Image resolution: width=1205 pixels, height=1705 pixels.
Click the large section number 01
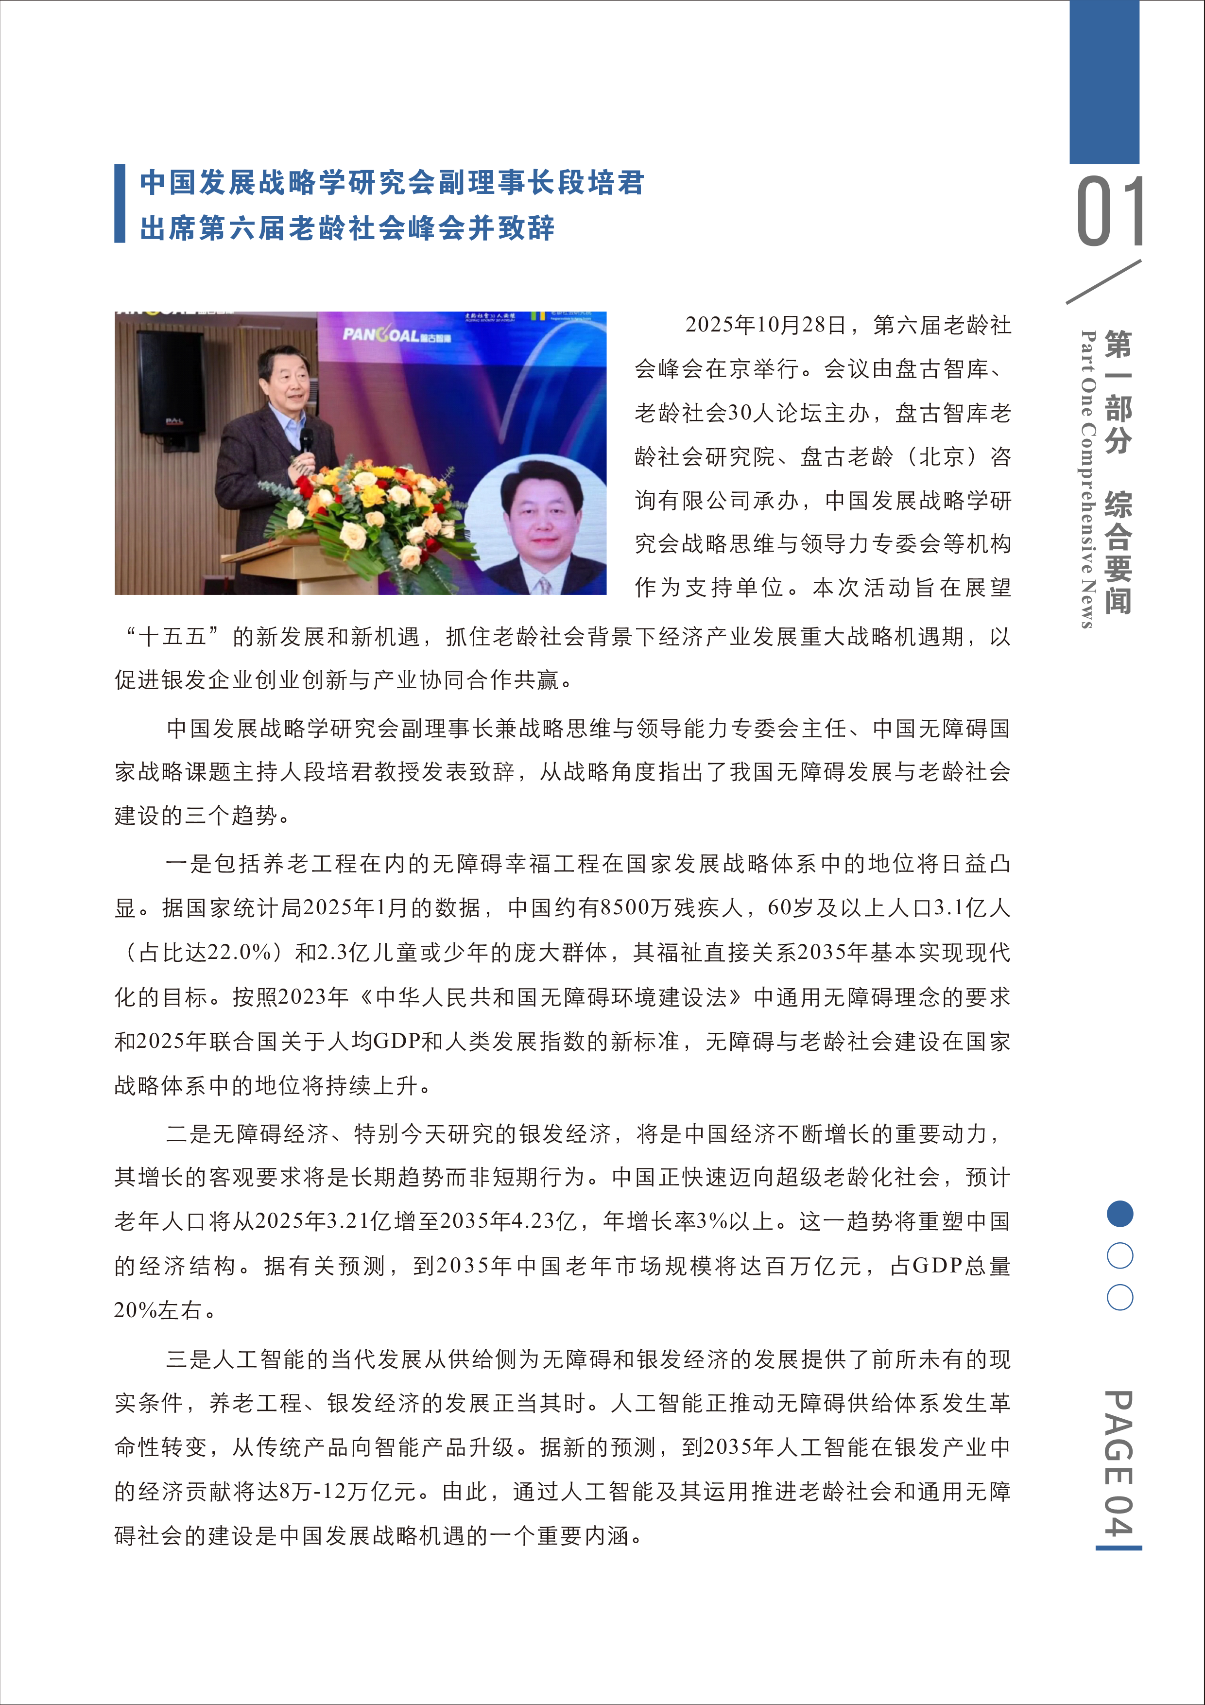(x=1109, y=211)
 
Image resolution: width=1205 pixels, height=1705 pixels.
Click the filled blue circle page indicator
(x=1119, y=1214)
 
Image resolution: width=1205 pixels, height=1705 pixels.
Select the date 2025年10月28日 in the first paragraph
(x=765, y=325)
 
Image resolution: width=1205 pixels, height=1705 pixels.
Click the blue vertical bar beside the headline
(x=120, y=204)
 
